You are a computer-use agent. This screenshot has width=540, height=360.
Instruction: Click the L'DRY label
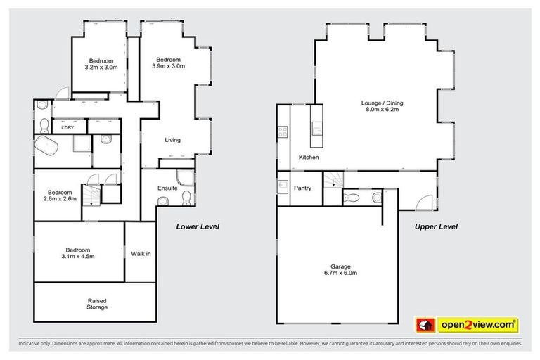pyautogui.click(x=68, y=127)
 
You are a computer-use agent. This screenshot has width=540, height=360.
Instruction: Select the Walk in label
pyautogui.click(x=141, y=253)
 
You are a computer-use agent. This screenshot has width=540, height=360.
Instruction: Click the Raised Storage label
pyautogui.click(x=97, y=304)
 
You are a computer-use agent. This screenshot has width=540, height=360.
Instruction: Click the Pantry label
pyautogui.click(x=303, y=188)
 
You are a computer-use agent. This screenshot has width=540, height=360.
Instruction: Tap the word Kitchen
pyautogui.click(x=309, y=157)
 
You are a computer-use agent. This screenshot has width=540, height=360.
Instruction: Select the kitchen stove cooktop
pyautogui.click(x=283, y=131)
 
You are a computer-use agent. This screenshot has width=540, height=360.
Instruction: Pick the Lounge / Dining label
pyautogui.click(x=382, y=107)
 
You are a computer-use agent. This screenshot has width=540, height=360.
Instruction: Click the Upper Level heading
pyautogui.click(x=437, y=226)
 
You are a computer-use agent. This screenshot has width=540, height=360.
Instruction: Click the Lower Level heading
pyautogui.click(x=198, y=226)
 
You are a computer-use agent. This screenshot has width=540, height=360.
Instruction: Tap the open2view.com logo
pyautogui.click(x=467, y=324)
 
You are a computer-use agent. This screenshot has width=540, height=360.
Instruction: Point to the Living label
pyautogui.click(x=172, y=140)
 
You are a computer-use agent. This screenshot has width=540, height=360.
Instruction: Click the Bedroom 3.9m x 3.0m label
pyautogui.click(x=168, y=63)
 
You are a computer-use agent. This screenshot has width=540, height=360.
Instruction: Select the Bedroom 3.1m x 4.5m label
pyautogui.click(x=77, y=253)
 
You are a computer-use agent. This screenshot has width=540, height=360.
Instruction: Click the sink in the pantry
pyautogui.click(x=283, y=187)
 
